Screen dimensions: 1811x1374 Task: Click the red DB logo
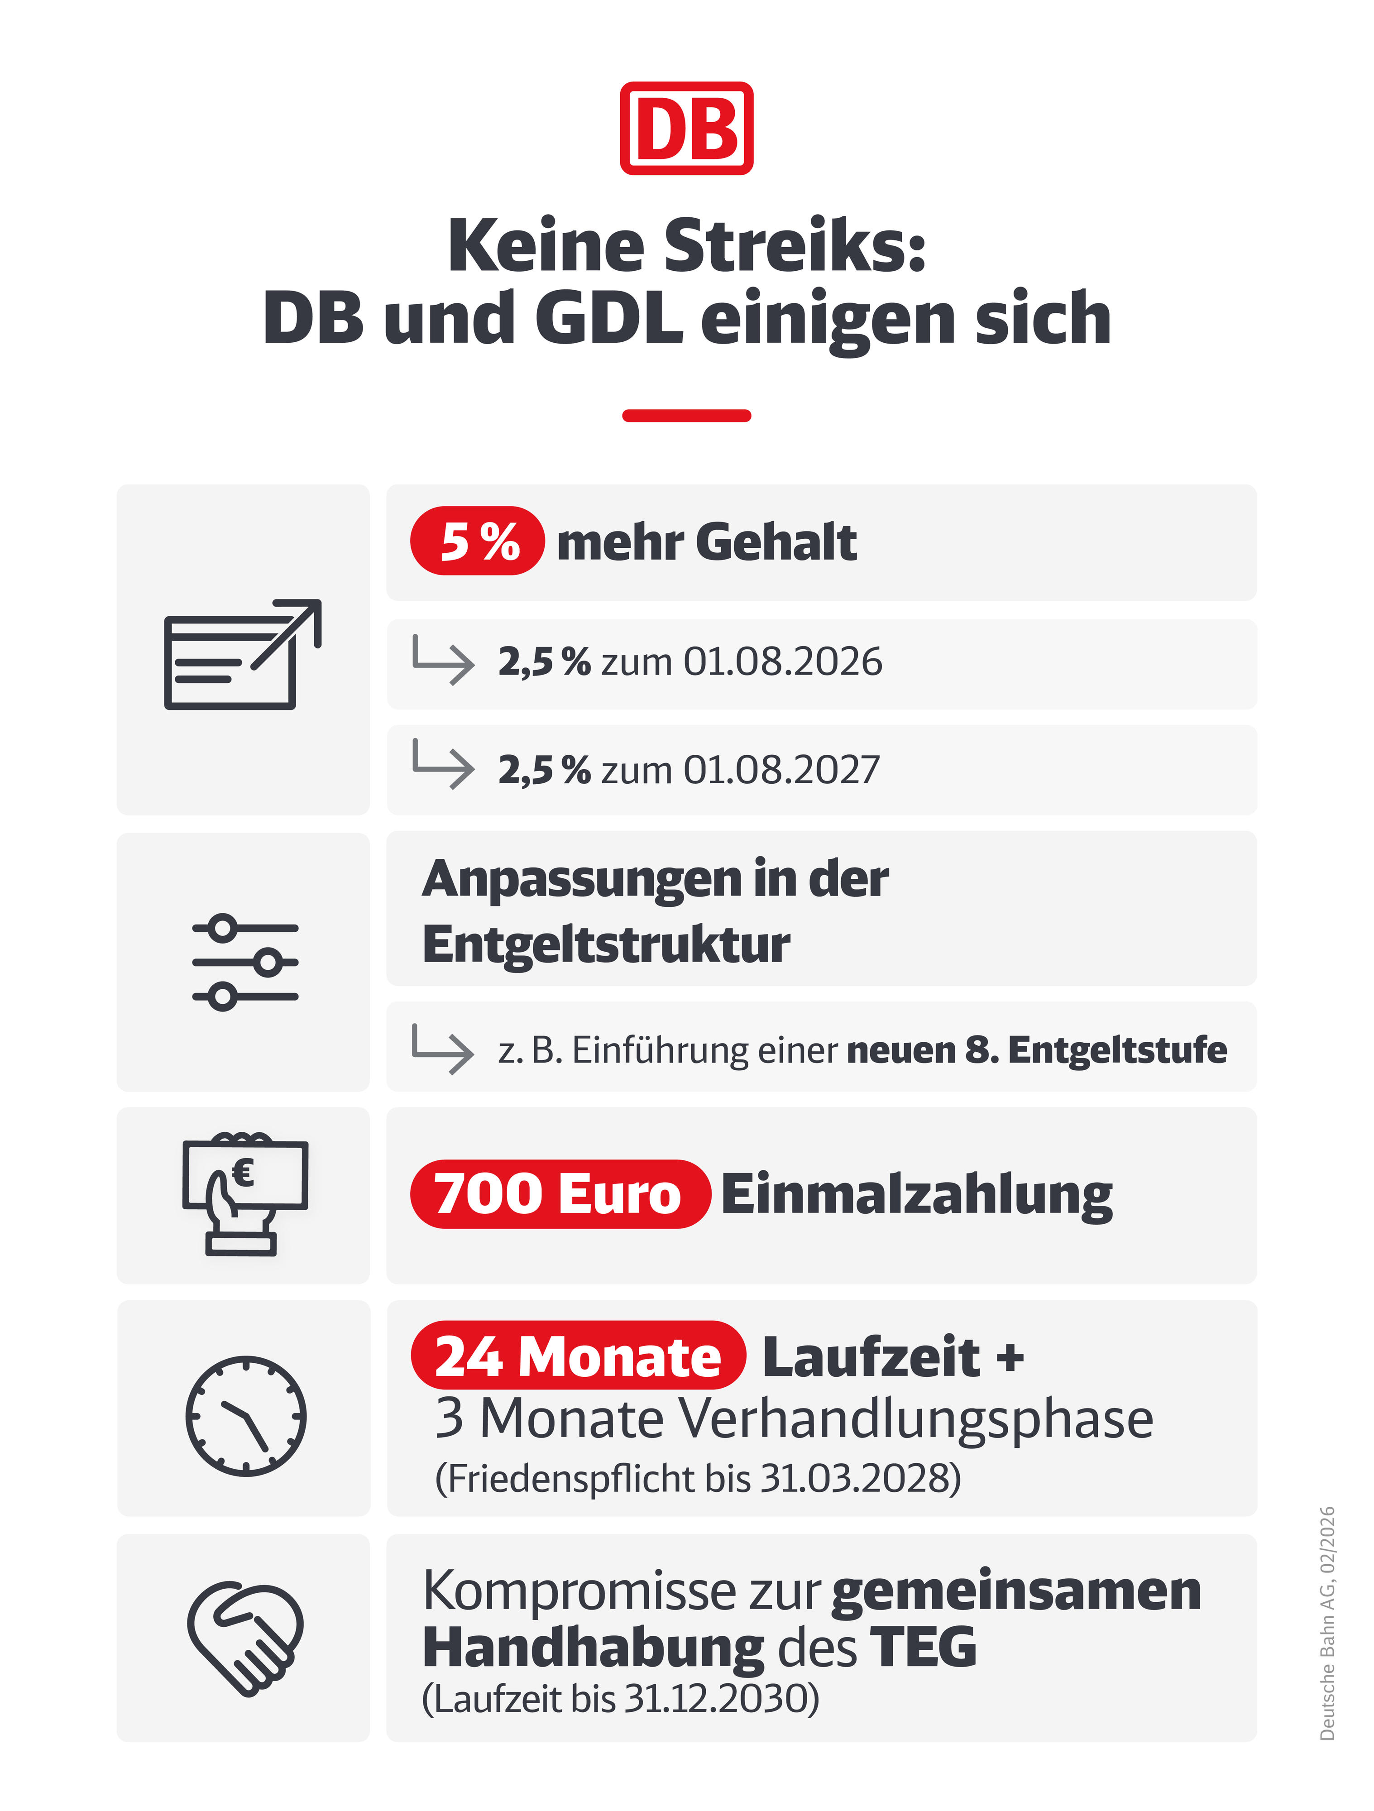point(686,129)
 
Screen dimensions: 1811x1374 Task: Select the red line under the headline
point(686,416)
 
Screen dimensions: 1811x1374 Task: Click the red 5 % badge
point(477,541)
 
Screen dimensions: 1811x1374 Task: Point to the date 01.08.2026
point(783,661)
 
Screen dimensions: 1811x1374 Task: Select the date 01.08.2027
point(781,770)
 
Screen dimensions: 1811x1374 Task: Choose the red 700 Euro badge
point(559,1194)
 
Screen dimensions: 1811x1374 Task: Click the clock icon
point(246,1416)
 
